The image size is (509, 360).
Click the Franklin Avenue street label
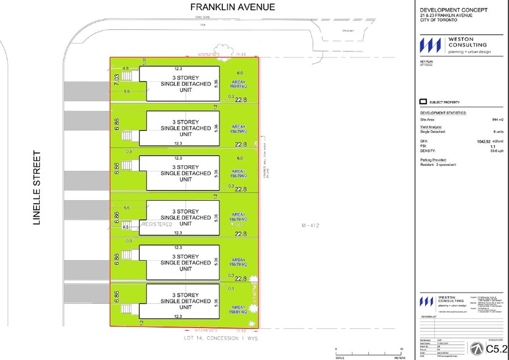tap(224, 7)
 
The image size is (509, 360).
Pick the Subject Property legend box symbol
tap(423, 102)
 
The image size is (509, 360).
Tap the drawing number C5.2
tap(495, 348)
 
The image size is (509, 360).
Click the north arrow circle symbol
tap(473, 347)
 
